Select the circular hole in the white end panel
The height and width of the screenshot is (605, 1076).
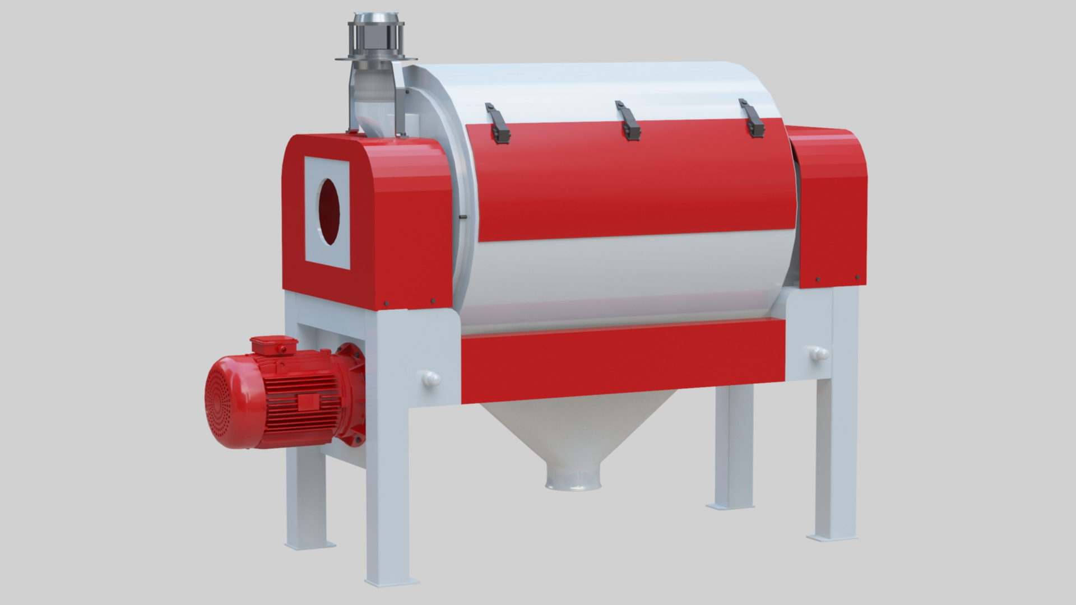[329, 211]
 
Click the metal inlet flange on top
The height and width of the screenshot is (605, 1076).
[376, 57]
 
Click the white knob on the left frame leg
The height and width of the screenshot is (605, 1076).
[431, 378]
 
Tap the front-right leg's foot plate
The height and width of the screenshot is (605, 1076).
[832, 537]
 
